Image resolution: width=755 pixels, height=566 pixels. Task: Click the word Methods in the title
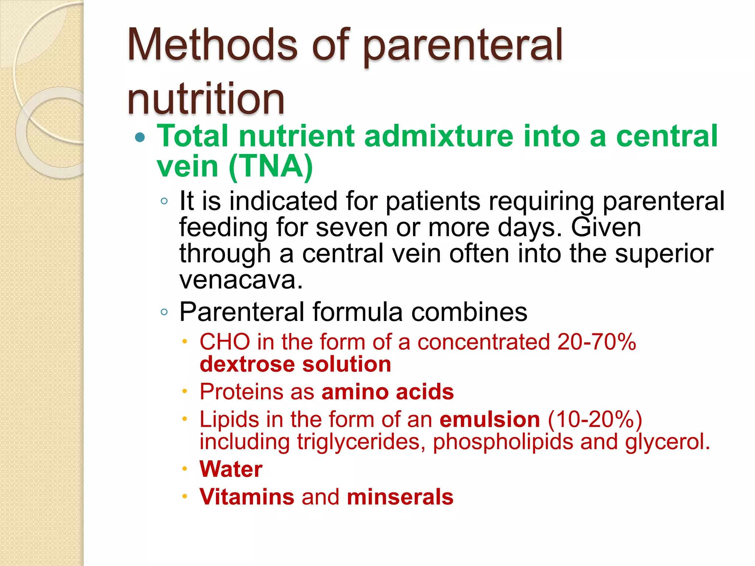tap(212, 45)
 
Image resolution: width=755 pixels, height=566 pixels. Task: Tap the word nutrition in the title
tap(206, 98)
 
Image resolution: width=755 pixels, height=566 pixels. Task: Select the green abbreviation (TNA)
tap(271, 167)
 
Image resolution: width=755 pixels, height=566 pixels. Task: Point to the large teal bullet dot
tap(140, 137)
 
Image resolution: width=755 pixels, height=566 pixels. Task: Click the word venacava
tap(241, 280)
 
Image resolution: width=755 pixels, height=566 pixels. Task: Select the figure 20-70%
tap(596, 342)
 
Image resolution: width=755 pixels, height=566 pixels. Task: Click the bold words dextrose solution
tap(295, 364)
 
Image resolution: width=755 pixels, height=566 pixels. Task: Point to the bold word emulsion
tap(490, 419)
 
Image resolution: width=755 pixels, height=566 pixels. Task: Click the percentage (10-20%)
tap(595, 419)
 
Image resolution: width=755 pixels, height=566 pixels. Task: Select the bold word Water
tap(231, 469)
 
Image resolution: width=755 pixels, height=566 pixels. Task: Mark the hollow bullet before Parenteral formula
tap(164, 312)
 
